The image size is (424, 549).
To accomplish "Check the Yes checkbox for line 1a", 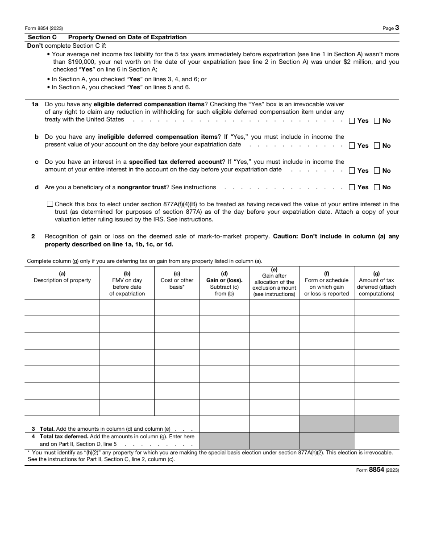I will (352, 121).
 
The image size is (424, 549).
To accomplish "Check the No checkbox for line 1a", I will (377, 121).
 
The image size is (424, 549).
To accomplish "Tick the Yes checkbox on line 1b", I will (352, 146).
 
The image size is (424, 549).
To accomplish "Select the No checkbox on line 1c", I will (377, 171).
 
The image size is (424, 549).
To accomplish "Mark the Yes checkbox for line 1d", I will (352, 187).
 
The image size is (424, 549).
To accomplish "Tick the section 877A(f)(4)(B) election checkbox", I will (50, 204).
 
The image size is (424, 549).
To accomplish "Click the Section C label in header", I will (42, 37).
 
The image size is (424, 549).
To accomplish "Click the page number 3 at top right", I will (397, 28).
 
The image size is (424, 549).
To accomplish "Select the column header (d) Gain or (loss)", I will (224, 283).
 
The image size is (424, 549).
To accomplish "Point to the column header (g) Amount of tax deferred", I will (376, 283).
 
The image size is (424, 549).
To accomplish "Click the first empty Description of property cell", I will (62, 308).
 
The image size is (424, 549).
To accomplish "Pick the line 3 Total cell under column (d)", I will (224, 424).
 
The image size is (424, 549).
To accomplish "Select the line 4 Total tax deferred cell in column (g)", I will (376, 441).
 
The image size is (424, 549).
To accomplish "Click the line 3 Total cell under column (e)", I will (274, 424).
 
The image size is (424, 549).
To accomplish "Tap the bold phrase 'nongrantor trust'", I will (141, 187).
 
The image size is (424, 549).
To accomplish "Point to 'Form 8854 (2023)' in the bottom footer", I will (377, 470).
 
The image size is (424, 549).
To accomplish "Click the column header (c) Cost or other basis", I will (177, 283).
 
